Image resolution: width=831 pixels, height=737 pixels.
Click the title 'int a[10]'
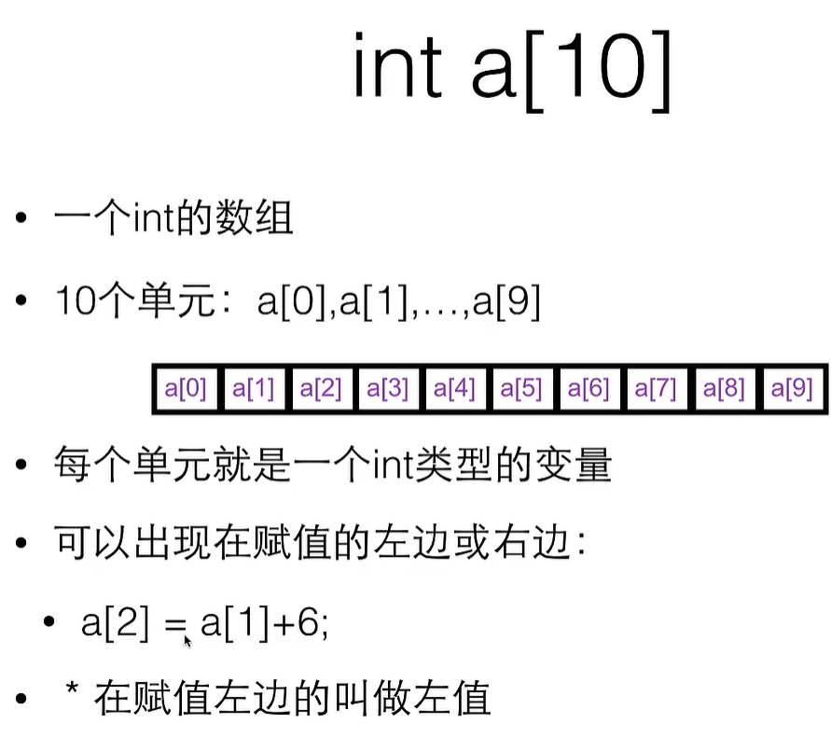click(512, 71)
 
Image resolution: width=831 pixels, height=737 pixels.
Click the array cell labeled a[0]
click(186, 388)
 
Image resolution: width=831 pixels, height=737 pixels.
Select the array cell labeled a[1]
click(253, 388)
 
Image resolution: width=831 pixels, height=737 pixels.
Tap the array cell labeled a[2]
click(320, 388)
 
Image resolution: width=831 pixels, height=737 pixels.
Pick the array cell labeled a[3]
click(387, 388)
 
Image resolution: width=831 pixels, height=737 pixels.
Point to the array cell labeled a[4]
click(454, 388)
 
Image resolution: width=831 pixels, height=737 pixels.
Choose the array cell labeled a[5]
click(521, 388)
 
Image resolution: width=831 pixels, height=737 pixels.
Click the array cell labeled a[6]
click(589, 388)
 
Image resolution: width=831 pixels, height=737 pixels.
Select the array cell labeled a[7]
click(656, 388)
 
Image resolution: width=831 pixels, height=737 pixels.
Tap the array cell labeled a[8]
click(723, 388)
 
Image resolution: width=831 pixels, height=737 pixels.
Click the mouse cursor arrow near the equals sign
click(187, 641)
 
